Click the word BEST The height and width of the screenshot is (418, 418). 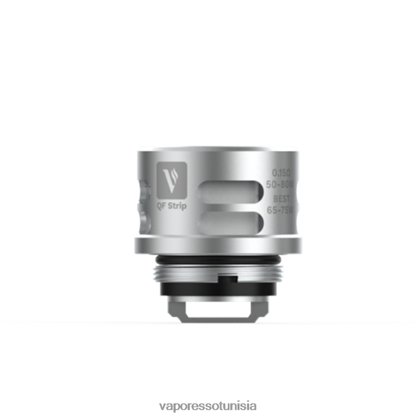(281, 198)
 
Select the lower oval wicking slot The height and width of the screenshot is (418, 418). (230, 223)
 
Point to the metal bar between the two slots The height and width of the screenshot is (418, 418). (230, 207)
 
